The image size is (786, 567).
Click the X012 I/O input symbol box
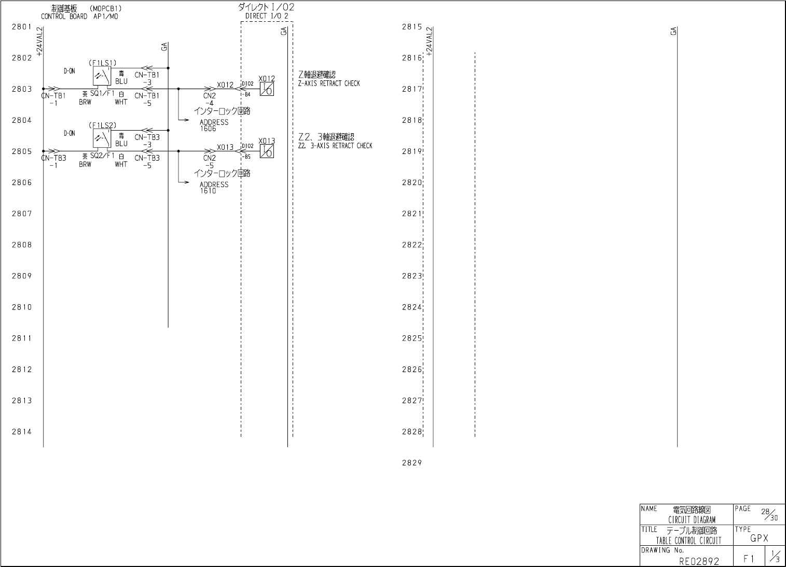(267, 89)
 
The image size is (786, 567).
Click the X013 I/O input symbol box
(267, 151)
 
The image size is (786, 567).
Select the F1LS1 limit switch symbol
(102, 76)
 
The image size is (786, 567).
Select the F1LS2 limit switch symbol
(102, 138)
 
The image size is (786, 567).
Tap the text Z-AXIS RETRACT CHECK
(329, 83)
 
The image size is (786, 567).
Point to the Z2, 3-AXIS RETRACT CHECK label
(335, 146)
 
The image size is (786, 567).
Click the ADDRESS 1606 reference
(214, 125)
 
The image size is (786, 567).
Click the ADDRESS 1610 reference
(214, 188)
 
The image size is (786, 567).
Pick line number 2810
(22, 307)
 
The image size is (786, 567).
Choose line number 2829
(412, 463)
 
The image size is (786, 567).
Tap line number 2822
(412, 245)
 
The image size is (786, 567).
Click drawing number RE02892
(699, 561)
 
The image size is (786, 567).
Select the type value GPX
(759, 538)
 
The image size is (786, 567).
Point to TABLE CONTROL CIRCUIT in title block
(688, 541)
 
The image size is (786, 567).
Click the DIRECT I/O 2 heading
(267, 16)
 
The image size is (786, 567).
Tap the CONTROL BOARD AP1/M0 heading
(79, 17)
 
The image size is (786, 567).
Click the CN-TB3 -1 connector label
(54, 161)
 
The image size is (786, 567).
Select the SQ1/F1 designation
(102, 94)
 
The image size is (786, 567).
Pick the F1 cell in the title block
(749, 559)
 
